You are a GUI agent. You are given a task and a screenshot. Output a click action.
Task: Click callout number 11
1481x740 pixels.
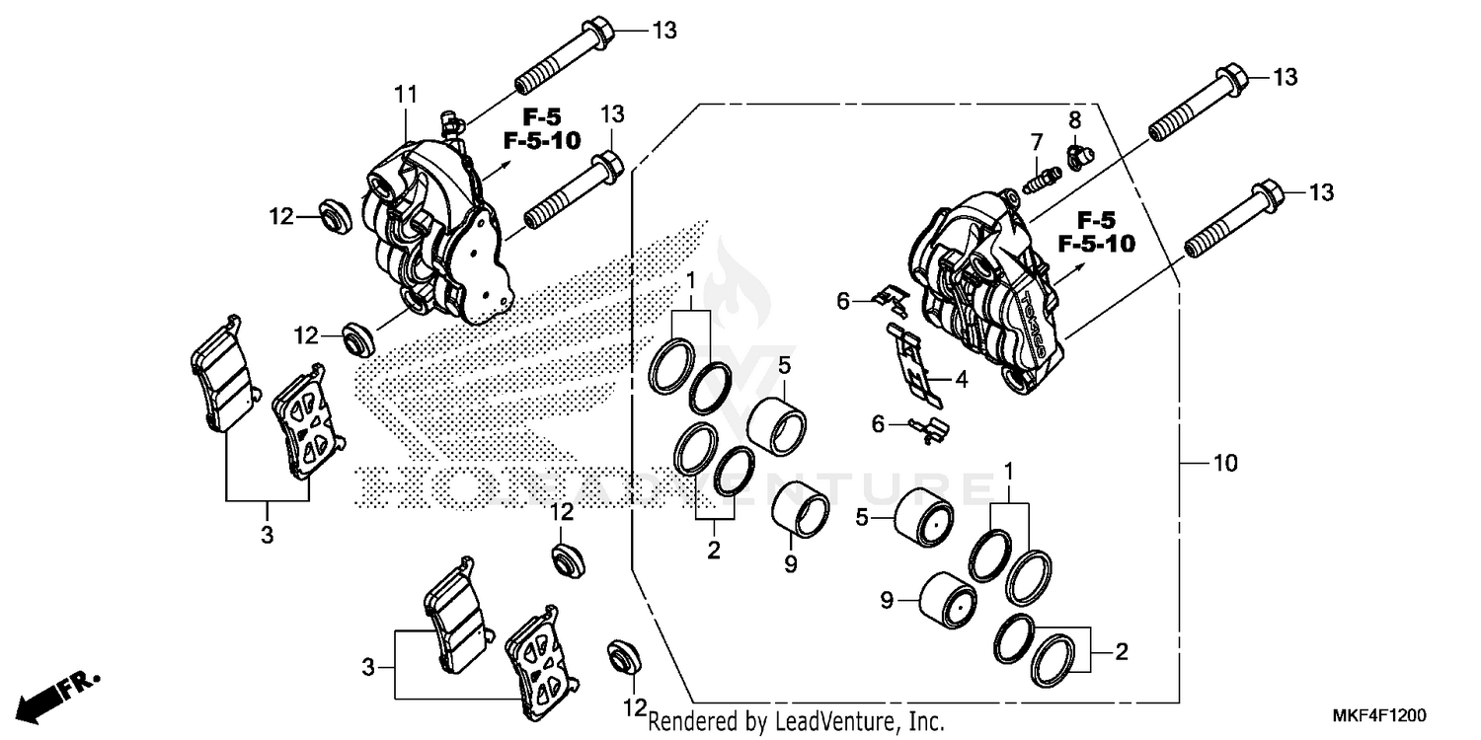pos(404,97)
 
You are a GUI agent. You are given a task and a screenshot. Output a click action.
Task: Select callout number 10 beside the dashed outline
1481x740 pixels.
pos(1224,463)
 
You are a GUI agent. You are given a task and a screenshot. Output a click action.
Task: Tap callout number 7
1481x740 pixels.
pos(1037,140)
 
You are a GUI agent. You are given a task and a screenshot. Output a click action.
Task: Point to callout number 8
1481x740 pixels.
pos(1074,120)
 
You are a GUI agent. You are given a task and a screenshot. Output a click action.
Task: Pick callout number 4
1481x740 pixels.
pos(961,378)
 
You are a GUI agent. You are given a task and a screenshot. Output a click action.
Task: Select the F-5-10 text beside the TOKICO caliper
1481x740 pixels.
pos(1096,243)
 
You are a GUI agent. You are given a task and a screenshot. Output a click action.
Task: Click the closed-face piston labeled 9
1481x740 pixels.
pos(947,600)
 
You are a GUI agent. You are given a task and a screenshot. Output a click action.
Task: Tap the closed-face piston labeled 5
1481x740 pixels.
pos(923,516)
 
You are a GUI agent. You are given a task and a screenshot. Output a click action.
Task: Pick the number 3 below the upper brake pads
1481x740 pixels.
pos(267,535)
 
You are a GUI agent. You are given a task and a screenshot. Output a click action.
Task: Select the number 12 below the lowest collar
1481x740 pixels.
pos(633,706)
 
